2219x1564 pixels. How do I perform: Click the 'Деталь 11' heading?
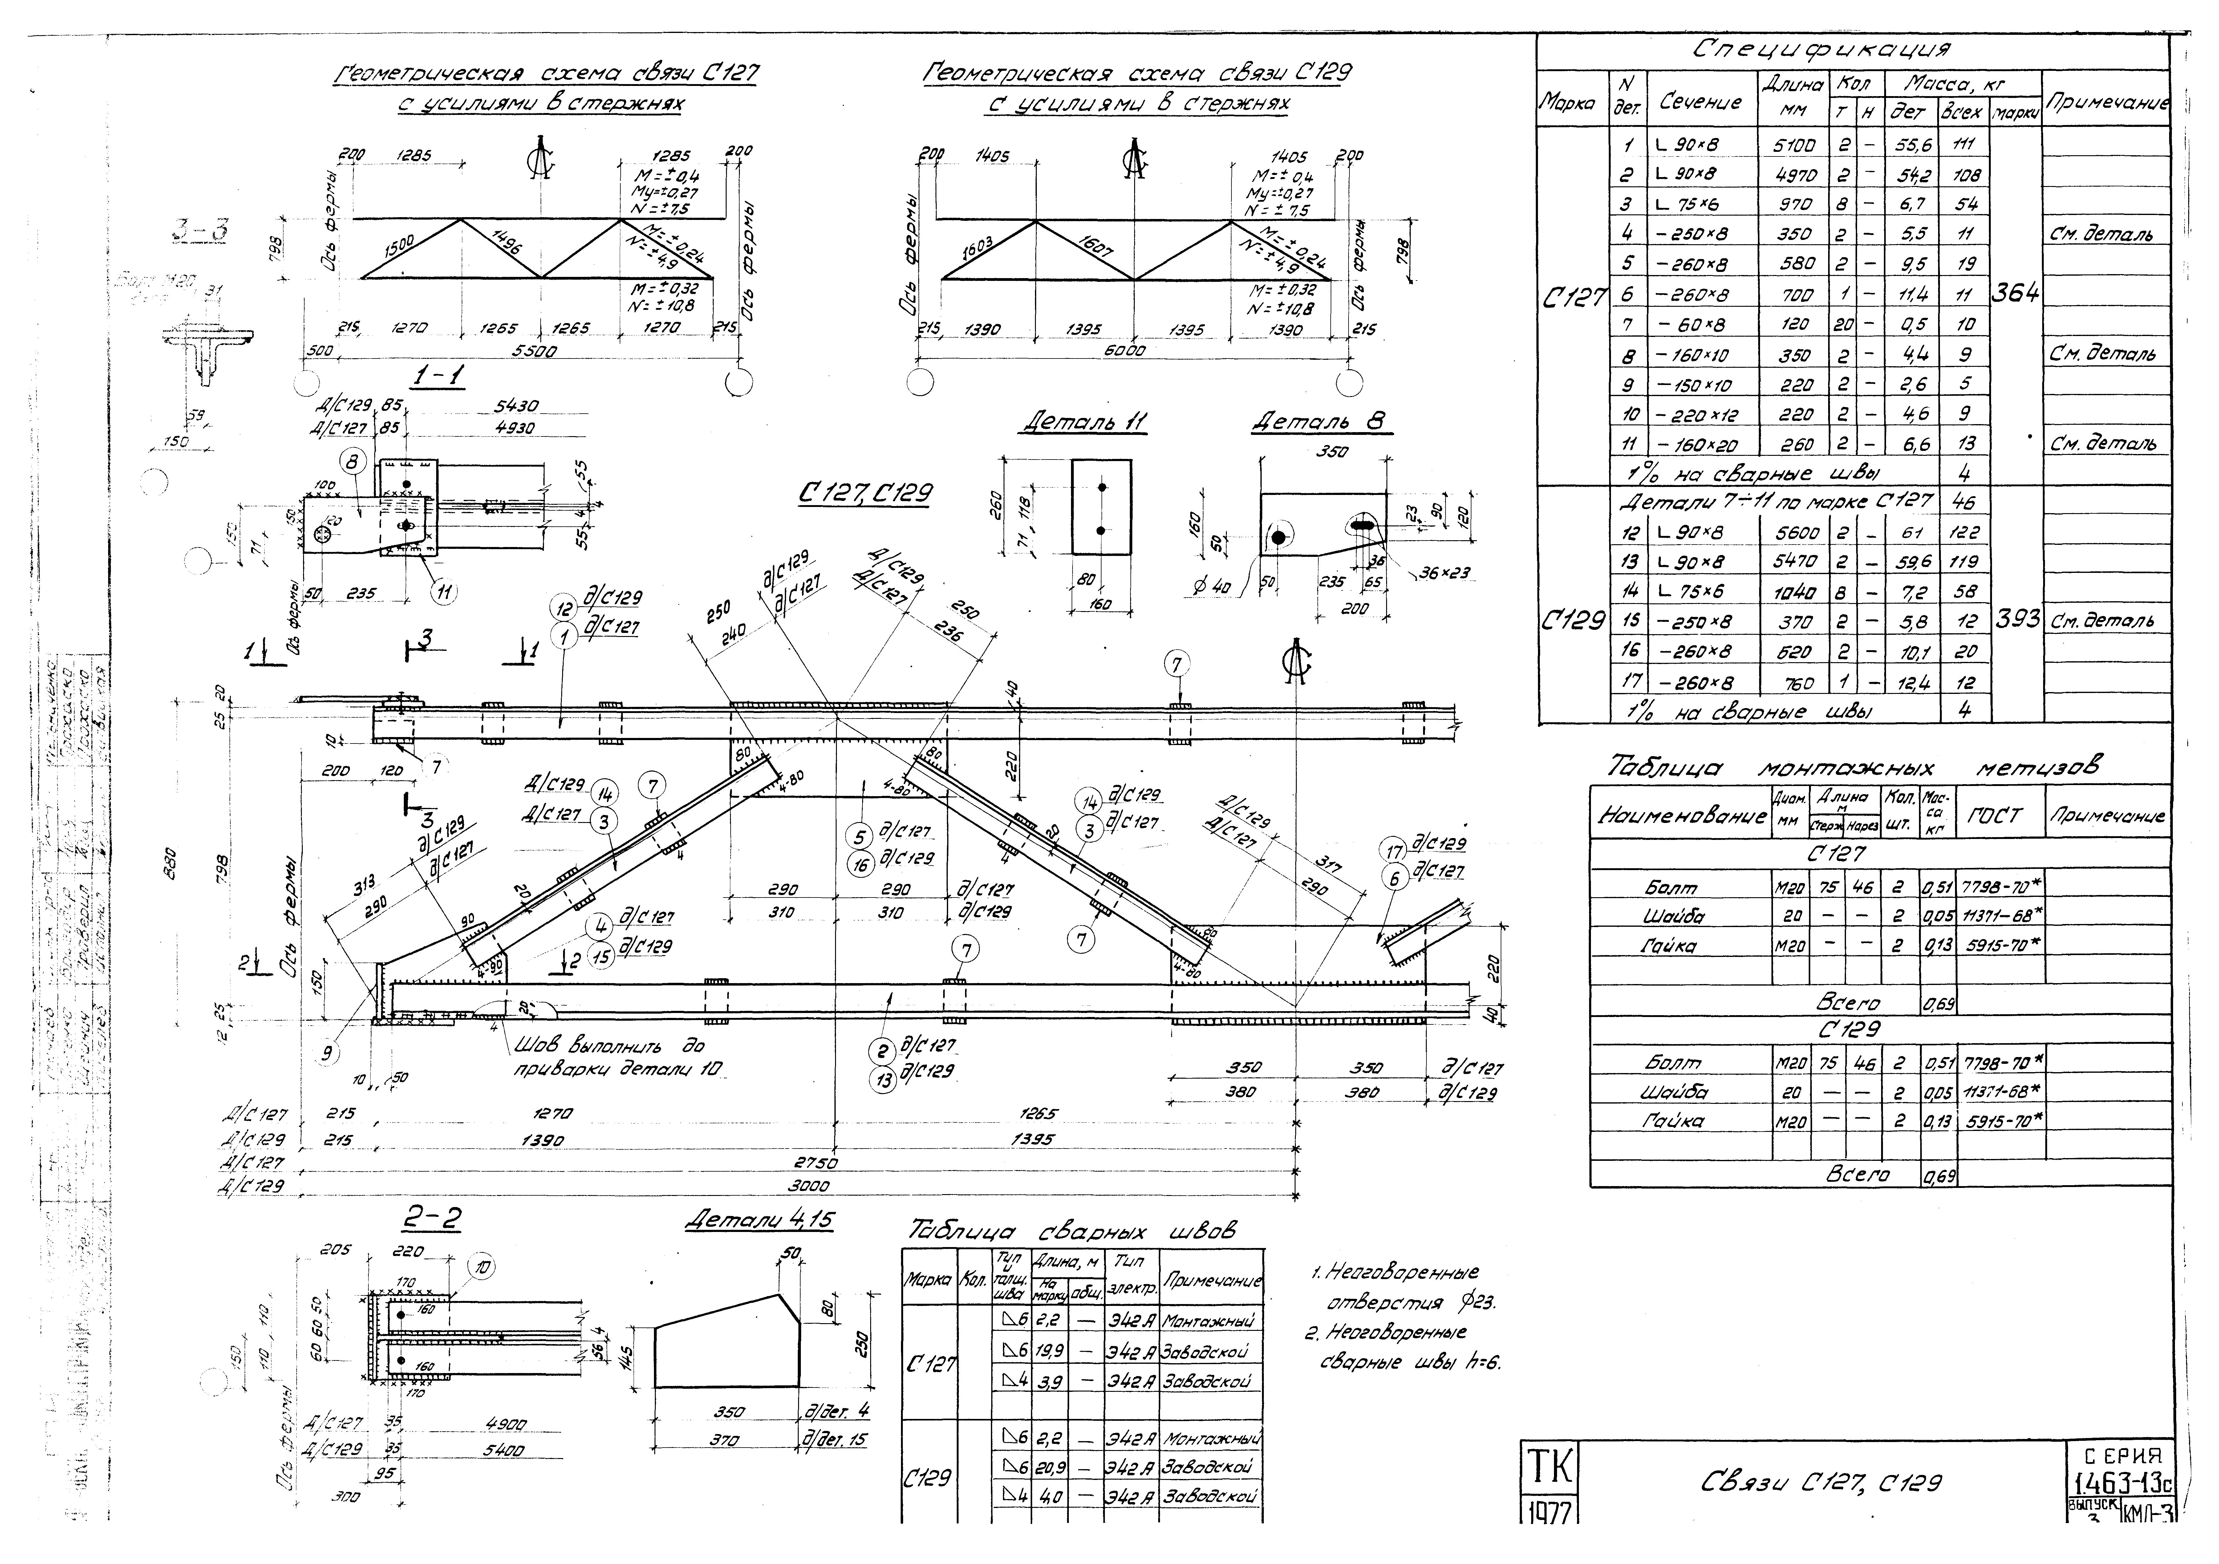point(1082,423)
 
